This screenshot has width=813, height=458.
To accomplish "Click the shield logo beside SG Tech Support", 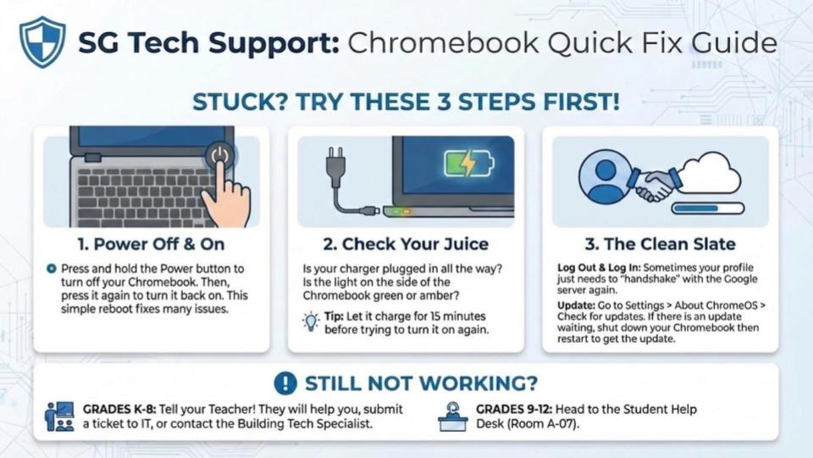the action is pyautogui.click(x=42, y=42).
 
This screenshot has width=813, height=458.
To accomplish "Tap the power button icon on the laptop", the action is pyautogui.click(x=220, y=155).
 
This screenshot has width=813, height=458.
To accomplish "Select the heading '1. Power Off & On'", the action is pyautogui.click(x=151, y=244).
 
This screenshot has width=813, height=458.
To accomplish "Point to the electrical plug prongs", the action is pyautogui.click(x=333, y=153).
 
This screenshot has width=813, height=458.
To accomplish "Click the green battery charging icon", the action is pyautogui.click(x=469, y=163).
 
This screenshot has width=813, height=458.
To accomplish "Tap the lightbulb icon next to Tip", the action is pyautogui.click(x=311, y=322).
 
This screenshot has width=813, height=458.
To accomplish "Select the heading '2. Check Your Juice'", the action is pyautogui.click(x=406, y=244).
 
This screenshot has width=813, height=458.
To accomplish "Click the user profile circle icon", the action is pyautogui.click(x=605, y=179).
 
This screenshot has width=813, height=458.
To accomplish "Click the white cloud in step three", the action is pyautogui.click(x=711, y=173).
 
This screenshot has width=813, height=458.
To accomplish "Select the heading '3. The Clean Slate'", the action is pyautogui.click(x=660, y=244).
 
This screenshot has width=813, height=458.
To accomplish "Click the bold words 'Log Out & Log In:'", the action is pyautogui.click(x=599, y=268).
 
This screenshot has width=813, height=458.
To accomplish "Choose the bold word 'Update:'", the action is pyautogui.click(x=576, y=305).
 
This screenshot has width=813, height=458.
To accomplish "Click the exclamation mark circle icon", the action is pyautogui.click(x=285, y=383).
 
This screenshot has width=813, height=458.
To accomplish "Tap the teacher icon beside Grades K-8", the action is pyautogui.click(x=59, y=416).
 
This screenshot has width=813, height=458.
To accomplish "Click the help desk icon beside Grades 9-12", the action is pyautogui.click(x=452, y=416).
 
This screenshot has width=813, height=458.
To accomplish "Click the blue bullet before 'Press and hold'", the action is pyautogui.click(x=51, y=269).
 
